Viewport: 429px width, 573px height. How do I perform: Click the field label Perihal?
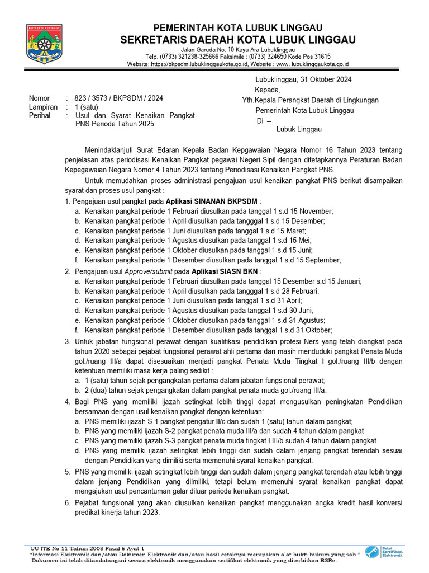tap(40, 116)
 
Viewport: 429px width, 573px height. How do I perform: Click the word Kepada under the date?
tap(268, 90)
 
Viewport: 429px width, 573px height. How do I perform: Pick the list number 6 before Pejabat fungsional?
tap(68, 503)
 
